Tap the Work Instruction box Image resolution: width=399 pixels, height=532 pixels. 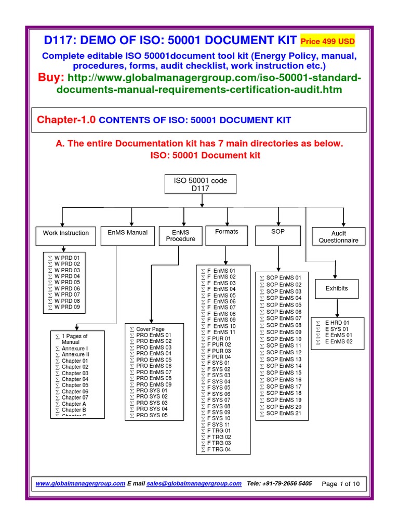pos(65,233)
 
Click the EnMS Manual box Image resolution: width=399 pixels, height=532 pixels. pos(127,233)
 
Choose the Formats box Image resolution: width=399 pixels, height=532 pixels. pos(227,232)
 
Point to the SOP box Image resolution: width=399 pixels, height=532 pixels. pos(278,232)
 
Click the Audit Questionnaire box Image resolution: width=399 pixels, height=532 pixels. pos(338,237)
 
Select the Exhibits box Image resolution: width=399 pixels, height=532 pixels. pos(337,288)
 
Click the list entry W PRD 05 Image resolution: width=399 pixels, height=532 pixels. pos(67,282)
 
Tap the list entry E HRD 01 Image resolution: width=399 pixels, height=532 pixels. pos(337,323)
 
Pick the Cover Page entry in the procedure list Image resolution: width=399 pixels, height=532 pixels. pos(150,329)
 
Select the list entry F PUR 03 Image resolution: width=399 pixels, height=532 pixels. pos(219,351)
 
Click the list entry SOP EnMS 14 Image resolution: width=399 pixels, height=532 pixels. pos(284,366)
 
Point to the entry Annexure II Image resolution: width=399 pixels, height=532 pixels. pos(75,354)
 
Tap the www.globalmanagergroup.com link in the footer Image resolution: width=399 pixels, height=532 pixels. pos(80,483)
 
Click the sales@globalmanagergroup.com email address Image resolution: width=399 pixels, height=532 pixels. pos(194,483)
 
